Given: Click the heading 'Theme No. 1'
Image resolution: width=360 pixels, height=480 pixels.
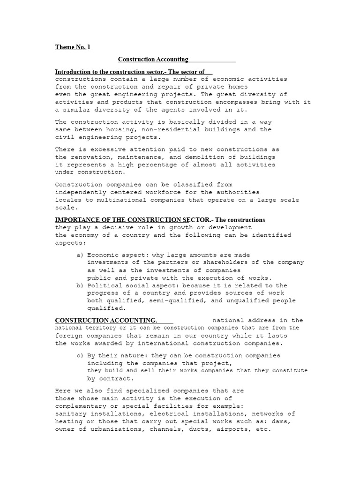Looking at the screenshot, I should pyautogui.click(x=73, y=47).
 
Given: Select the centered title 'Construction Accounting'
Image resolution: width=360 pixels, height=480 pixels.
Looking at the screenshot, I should pyautogui.click(x=153, y=60).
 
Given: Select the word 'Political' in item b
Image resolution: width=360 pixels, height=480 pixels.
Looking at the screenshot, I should pyautogui.click(x=105, y=285).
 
